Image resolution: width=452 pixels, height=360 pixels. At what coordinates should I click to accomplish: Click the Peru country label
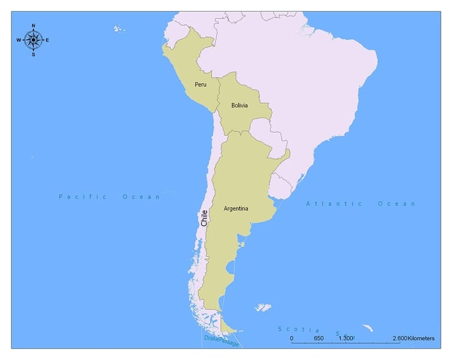[201, 84]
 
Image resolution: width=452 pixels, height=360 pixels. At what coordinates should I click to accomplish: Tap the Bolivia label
[240, 106]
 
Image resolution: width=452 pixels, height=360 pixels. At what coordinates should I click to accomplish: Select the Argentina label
[236, 208]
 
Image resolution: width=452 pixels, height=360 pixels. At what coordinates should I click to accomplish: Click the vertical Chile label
[204, 218]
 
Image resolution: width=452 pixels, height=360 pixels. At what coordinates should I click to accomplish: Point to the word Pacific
[82, 196]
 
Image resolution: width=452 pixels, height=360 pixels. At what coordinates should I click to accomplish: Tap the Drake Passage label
[221, 340]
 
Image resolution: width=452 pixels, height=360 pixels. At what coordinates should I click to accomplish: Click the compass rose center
[33, 40]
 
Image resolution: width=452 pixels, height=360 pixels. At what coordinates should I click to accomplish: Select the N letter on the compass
[33, 25]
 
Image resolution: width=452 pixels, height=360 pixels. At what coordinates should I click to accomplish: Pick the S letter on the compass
[33, 55]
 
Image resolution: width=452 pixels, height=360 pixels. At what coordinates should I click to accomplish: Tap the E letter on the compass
[48, 40]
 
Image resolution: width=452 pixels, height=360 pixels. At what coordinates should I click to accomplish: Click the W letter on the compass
[19, 40]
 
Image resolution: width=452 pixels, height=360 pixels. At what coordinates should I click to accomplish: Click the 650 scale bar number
[318, 338]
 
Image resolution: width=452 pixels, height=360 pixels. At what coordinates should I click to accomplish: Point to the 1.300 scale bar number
[345, 338]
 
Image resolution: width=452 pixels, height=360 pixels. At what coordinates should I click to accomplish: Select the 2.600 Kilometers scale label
[414, 338]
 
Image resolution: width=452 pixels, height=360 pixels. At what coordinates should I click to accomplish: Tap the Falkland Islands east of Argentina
[262, 307]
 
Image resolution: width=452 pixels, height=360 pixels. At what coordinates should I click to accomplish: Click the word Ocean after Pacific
[141, 196]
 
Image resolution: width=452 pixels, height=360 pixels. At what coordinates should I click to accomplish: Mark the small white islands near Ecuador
[119, 28]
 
